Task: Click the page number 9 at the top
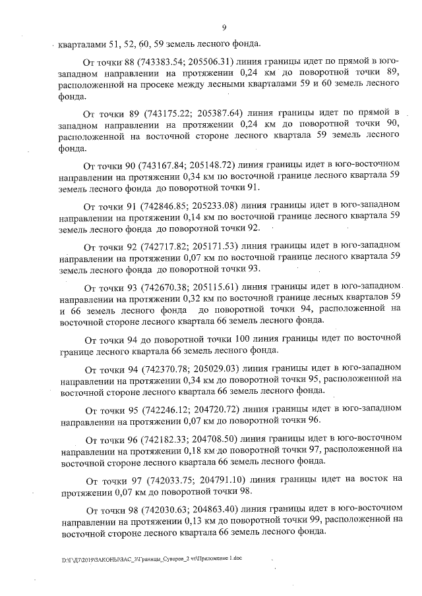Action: (x=224, y=27)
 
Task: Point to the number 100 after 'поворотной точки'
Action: (x=245, y=339)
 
